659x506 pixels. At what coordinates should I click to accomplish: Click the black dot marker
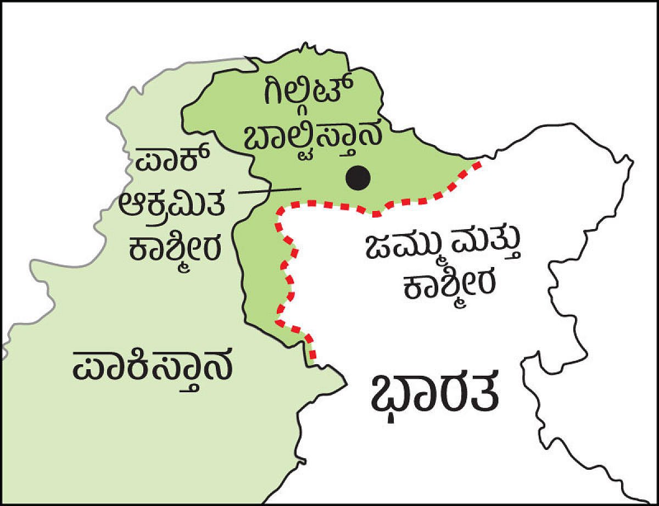click(358, 178)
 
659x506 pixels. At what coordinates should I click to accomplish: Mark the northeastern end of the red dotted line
click(479, 163)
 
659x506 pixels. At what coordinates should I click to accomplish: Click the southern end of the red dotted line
click(313, 356)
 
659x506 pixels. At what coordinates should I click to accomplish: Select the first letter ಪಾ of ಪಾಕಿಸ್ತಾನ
click(91, 365)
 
